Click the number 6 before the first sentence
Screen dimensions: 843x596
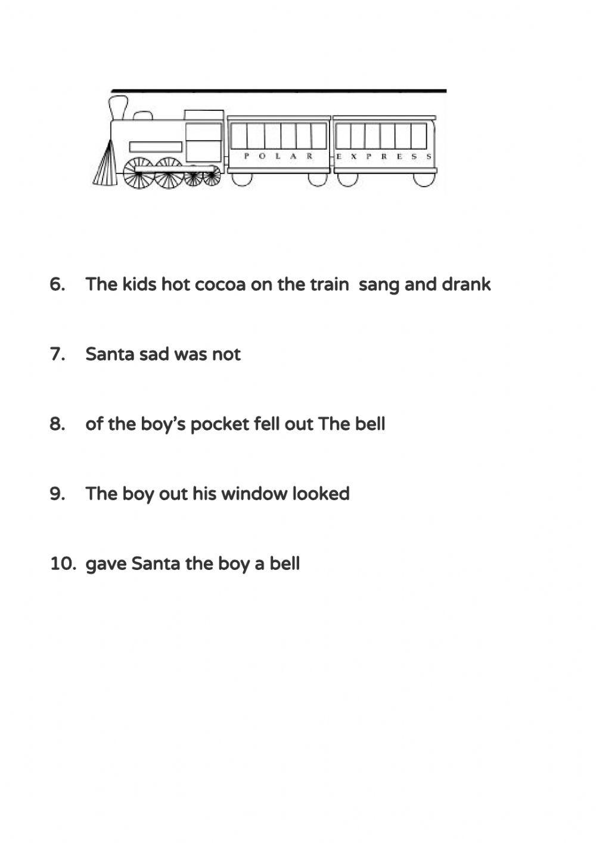(x=57, y=284)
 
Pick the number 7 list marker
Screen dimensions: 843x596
(x=57, y=354)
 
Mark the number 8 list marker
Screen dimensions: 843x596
(x=57, y=424)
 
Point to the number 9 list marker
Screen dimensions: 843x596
(x=57, y=494)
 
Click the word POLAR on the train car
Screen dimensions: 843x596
(x=278, y=156)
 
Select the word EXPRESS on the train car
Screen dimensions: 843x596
(x=384, y=156)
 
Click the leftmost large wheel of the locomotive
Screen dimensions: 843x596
(x=138, y=173)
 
